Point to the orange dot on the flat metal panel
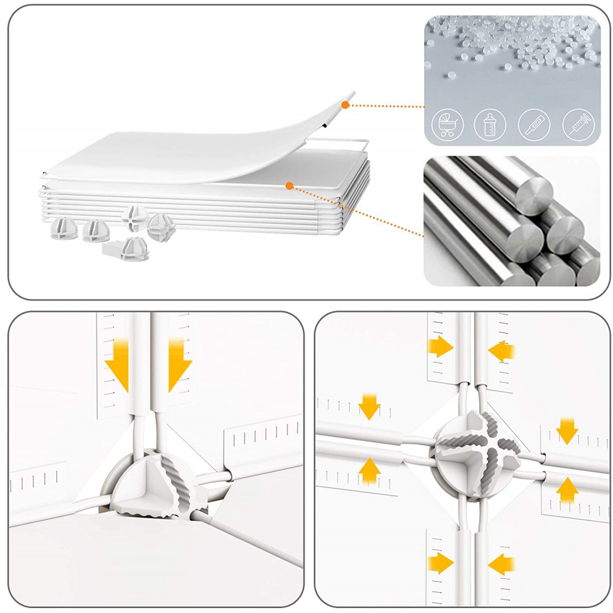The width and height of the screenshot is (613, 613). (289, 184)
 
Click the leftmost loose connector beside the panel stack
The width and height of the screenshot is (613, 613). (61, 226)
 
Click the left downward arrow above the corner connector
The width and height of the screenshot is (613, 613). (117, 371)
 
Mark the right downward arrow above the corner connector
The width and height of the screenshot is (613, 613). (179, 371)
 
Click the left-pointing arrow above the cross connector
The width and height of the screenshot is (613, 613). (503, 351)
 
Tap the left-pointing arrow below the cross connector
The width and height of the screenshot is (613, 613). (503, 562)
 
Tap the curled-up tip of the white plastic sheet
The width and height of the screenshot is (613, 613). (351, 95)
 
